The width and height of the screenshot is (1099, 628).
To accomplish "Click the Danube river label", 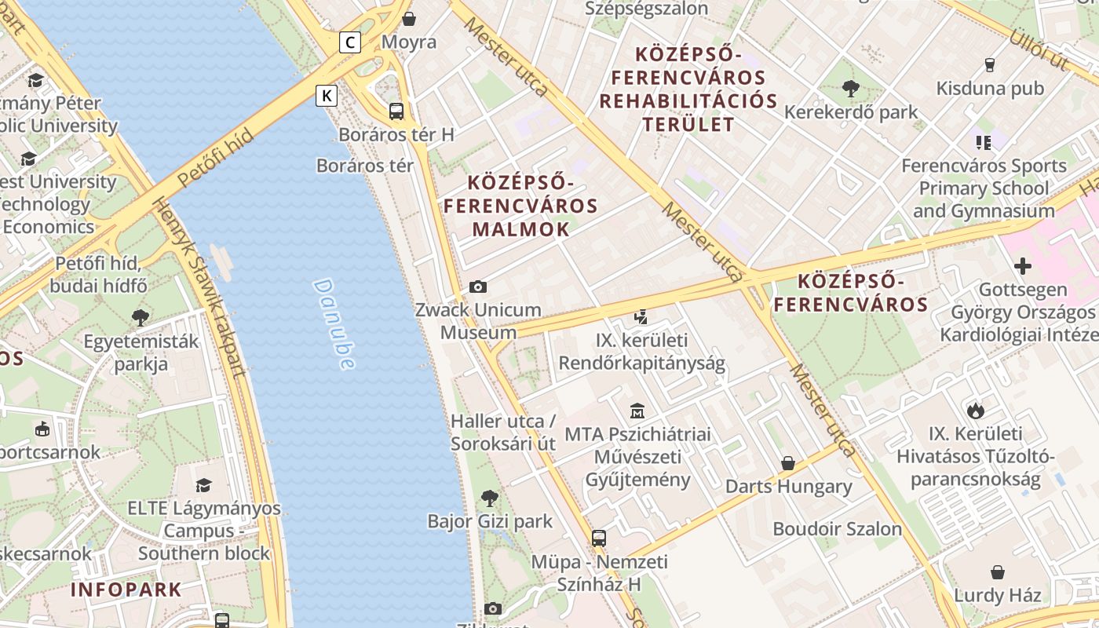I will click(x=334, y=323).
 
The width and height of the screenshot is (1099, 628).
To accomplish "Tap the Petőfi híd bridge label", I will click(x=215, y=158).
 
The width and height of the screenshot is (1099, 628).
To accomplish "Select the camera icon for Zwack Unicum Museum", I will click(x=477, y=287).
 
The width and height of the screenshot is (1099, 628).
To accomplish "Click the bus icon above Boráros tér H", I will click(x=396, y=111).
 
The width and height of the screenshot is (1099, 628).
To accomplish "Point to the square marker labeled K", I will click(x=327, y=96).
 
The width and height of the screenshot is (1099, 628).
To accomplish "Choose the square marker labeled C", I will click(x=350, y=42).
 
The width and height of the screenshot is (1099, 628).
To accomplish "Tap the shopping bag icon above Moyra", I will click(x=408, y=18).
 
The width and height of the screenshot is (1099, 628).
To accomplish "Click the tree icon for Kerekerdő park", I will click(x=850, y=89).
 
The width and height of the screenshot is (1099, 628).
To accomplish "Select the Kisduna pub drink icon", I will click(x=989, y=65).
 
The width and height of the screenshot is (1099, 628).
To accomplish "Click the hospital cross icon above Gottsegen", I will click(x=1022, y=266).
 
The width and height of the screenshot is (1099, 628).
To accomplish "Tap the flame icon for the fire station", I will click(x=975, y=410).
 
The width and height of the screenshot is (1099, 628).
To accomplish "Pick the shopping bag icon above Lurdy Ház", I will click(x=997, y=571).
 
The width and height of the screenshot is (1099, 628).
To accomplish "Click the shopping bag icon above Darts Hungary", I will click(x=787, y=463).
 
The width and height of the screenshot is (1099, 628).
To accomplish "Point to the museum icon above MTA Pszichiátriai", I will click(x=637, y=411).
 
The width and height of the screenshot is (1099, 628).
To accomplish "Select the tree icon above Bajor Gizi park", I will click(x=489, y=498).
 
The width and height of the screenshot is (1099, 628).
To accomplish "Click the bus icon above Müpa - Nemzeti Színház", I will click(x=599, y=539).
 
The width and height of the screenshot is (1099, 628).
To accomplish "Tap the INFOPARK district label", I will click(x=126, y=590).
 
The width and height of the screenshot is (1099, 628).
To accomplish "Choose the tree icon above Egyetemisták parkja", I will click(x=141, y=318).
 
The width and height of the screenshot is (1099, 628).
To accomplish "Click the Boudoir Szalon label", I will click(x=838, y=529).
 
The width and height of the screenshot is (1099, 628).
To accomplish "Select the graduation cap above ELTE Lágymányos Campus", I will click(x=203, y=485).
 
